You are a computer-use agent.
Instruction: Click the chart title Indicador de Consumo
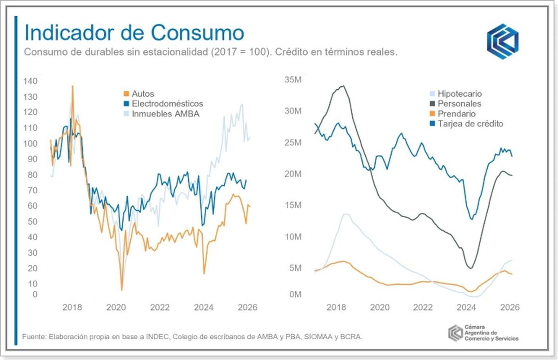pyautogui.click(x=134, y=33)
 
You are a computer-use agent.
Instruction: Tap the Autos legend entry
pyautogui.click(x=142, y=94)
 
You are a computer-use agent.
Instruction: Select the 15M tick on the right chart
pyautogui.click(x=293, y=205)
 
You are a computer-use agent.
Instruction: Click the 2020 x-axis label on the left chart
pyautogui.click(x=116, y=307)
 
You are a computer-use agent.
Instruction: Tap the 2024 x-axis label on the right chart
pyautogui.click(x=466, y=307)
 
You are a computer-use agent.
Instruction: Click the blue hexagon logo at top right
pyautogui.click(x=503, y=41)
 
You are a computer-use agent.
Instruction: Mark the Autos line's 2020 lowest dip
pyautogui.click(x=122, y=290)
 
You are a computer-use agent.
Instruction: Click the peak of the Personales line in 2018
pyautogui.click(x=343, y=86)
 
